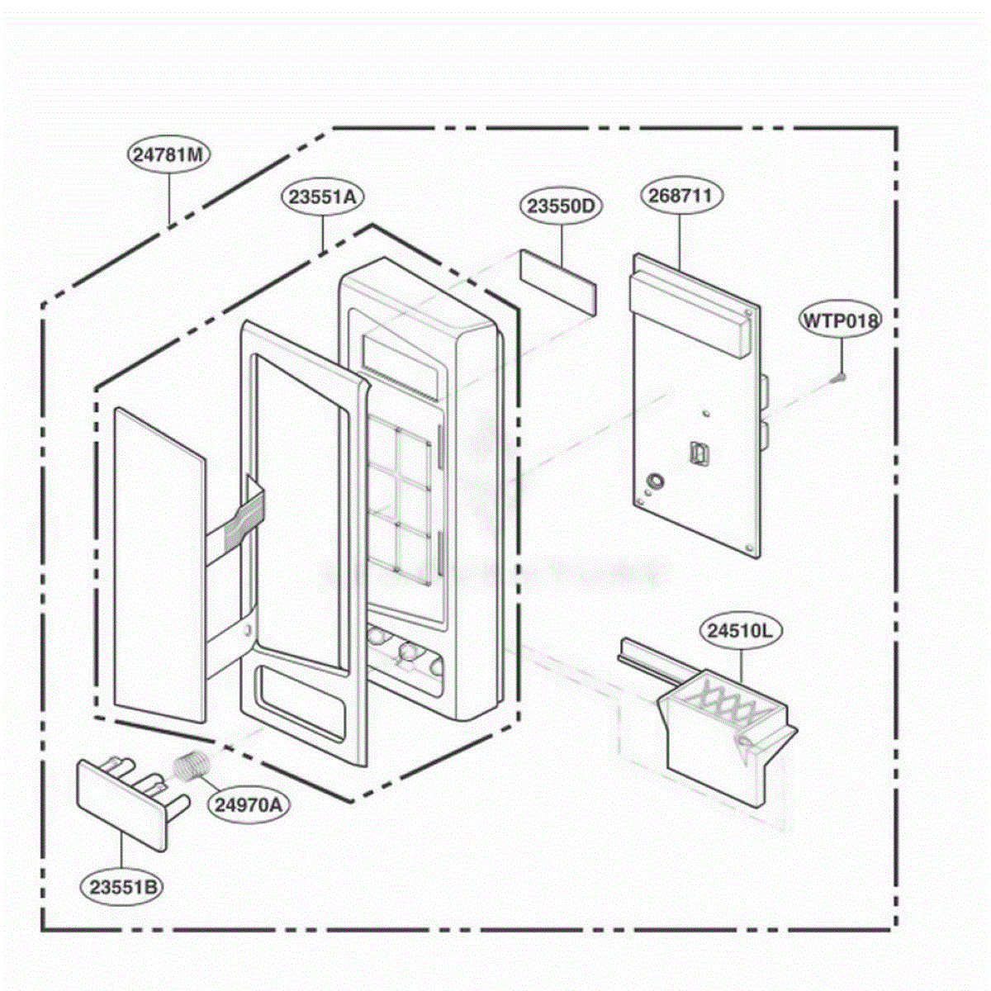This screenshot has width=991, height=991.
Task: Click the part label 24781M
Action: click(x=168, y=154)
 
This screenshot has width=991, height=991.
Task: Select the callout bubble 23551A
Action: click(x=322, y=197)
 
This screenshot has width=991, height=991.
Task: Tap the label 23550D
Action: click(x=561, y=206)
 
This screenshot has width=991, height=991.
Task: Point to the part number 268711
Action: click(x=680, y=196)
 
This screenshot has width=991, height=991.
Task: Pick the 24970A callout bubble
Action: click(x=249, y=804)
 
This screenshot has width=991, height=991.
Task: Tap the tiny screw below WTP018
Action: click(x=837, y=378)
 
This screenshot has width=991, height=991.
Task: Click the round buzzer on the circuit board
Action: click(x=656, y=481)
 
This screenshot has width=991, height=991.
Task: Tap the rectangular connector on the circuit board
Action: click(x=697, y=452)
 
